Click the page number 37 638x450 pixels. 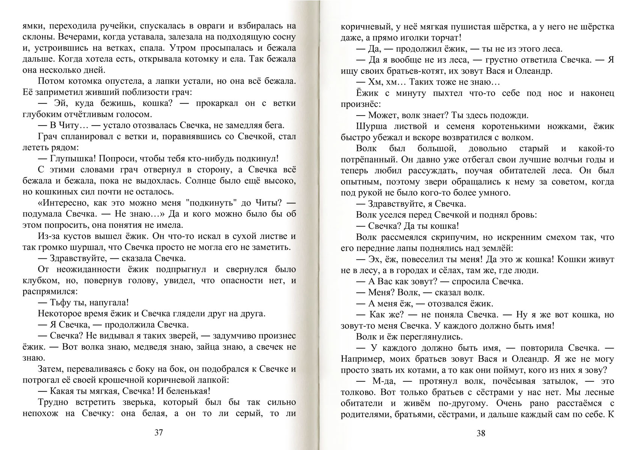tap(158, 432)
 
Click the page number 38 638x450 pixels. tap(481, 433)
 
